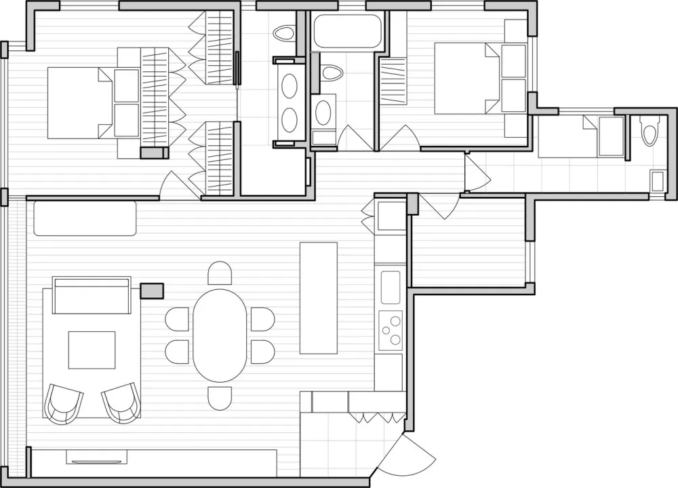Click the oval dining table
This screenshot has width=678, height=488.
[x=220, y=335]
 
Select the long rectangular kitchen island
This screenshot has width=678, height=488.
[x=318, y=297]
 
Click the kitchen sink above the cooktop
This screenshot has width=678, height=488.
[x=390, y=287]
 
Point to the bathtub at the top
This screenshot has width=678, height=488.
[x=347, y=31]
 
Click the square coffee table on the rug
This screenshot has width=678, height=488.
[x=92, y=350]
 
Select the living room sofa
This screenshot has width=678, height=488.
[x=92, y=295]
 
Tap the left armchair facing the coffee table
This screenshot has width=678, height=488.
[x=64, y=402]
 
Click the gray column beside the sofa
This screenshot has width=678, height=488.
[x=152, y=291]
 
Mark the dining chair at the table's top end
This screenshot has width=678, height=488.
[x=220, y=274]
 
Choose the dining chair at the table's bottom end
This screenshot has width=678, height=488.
[x=220, y=398]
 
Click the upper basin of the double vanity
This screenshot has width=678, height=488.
[x=290, y=86]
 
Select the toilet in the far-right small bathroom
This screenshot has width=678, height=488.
[x=649, y=130]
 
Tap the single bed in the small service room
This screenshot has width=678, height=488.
[x=581, y=136]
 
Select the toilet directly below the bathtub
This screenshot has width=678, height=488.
[x=332, y=72]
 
